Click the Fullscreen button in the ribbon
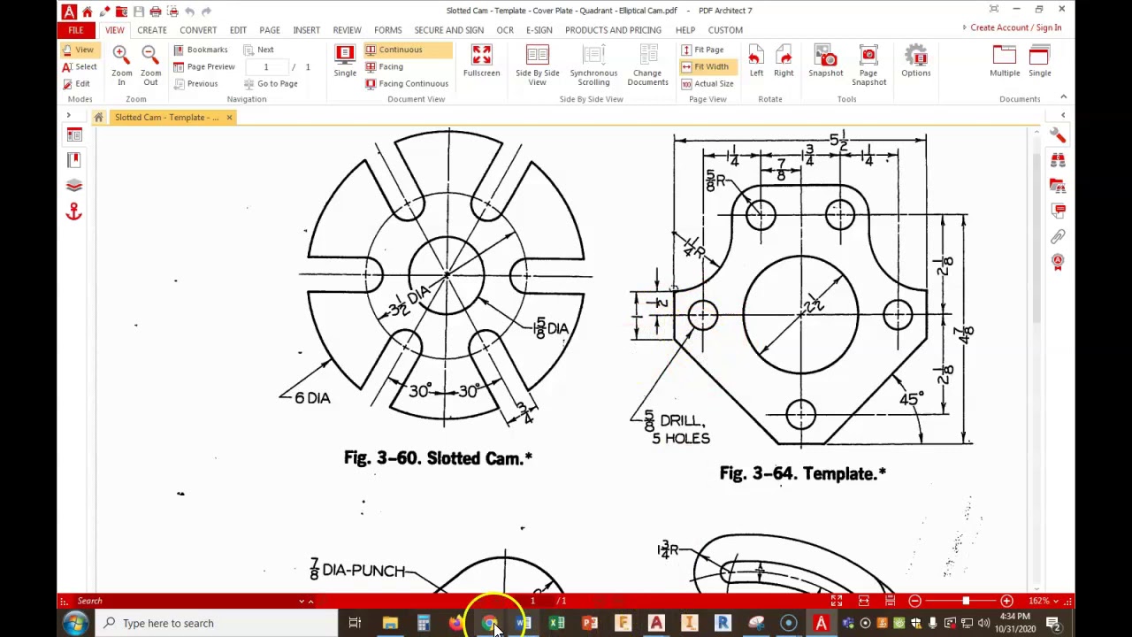pos(481,61)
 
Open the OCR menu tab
pos(504,30)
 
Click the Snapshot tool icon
pos(825,61)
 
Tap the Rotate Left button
pos(756,61)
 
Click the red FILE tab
pos(76,30)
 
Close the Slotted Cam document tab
pos(229,118)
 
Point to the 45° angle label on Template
pos(911,399)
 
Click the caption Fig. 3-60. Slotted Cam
pos(438,458)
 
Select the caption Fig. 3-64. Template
pos(802,474)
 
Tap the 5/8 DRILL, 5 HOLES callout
pos(677,428)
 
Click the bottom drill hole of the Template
pos(800,414)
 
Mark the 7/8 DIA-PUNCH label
pos(357,571)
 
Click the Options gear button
pos(915,61)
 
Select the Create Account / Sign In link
pos(1015,27)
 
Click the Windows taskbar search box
pos(217,623)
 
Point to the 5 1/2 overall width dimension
pos(838,141)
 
